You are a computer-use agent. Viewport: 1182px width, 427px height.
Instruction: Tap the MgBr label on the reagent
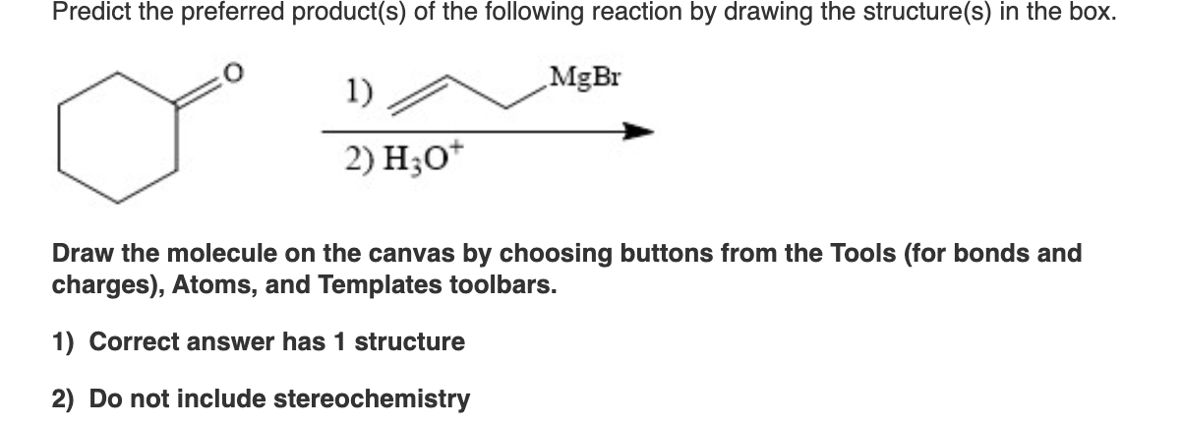586,77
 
